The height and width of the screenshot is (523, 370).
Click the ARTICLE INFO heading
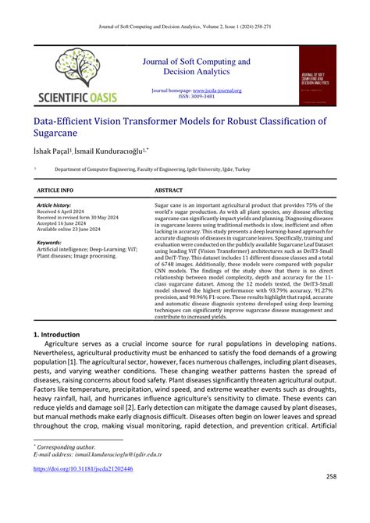pos(56,190)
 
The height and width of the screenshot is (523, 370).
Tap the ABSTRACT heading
pos(169,190)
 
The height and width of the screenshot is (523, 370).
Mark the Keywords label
pos(49,242)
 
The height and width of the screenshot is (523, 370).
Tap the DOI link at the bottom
pos(82,469)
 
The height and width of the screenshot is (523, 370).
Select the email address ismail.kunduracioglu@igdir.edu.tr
pos(116,452)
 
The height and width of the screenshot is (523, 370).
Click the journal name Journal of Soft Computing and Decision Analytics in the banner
pos(194,66)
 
